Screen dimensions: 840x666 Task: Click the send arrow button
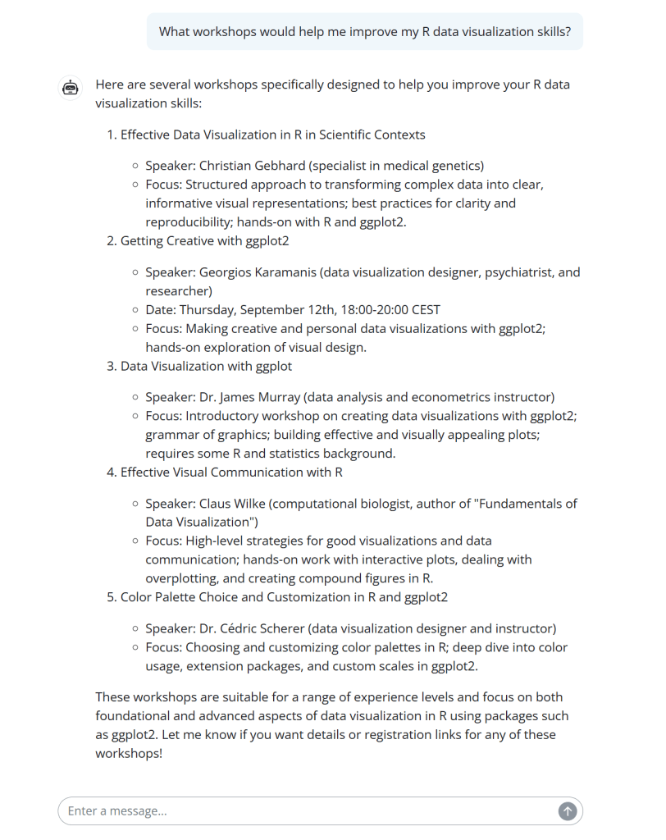tap(568, 811)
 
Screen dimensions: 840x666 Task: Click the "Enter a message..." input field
tap(303, 811)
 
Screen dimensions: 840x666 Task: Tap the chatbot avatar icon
tap(71, 87)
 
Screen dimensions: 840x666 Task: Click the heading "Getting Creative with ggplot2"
tap(204, 241)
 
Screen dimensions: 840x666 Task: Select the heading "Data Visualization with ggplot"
tap(206, 366)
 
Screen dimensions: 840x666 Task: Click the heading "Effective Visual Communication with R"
tap(231, 472)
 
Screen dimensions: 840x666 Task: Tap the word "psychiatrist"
tap(490, 272)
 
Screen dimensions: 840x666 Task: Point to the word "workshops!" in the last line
tap(129, 752)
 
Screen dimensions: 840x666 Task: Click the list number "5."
tap(112, 597)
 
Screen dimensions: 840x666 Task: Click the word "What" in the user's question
tap(175, 32)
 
